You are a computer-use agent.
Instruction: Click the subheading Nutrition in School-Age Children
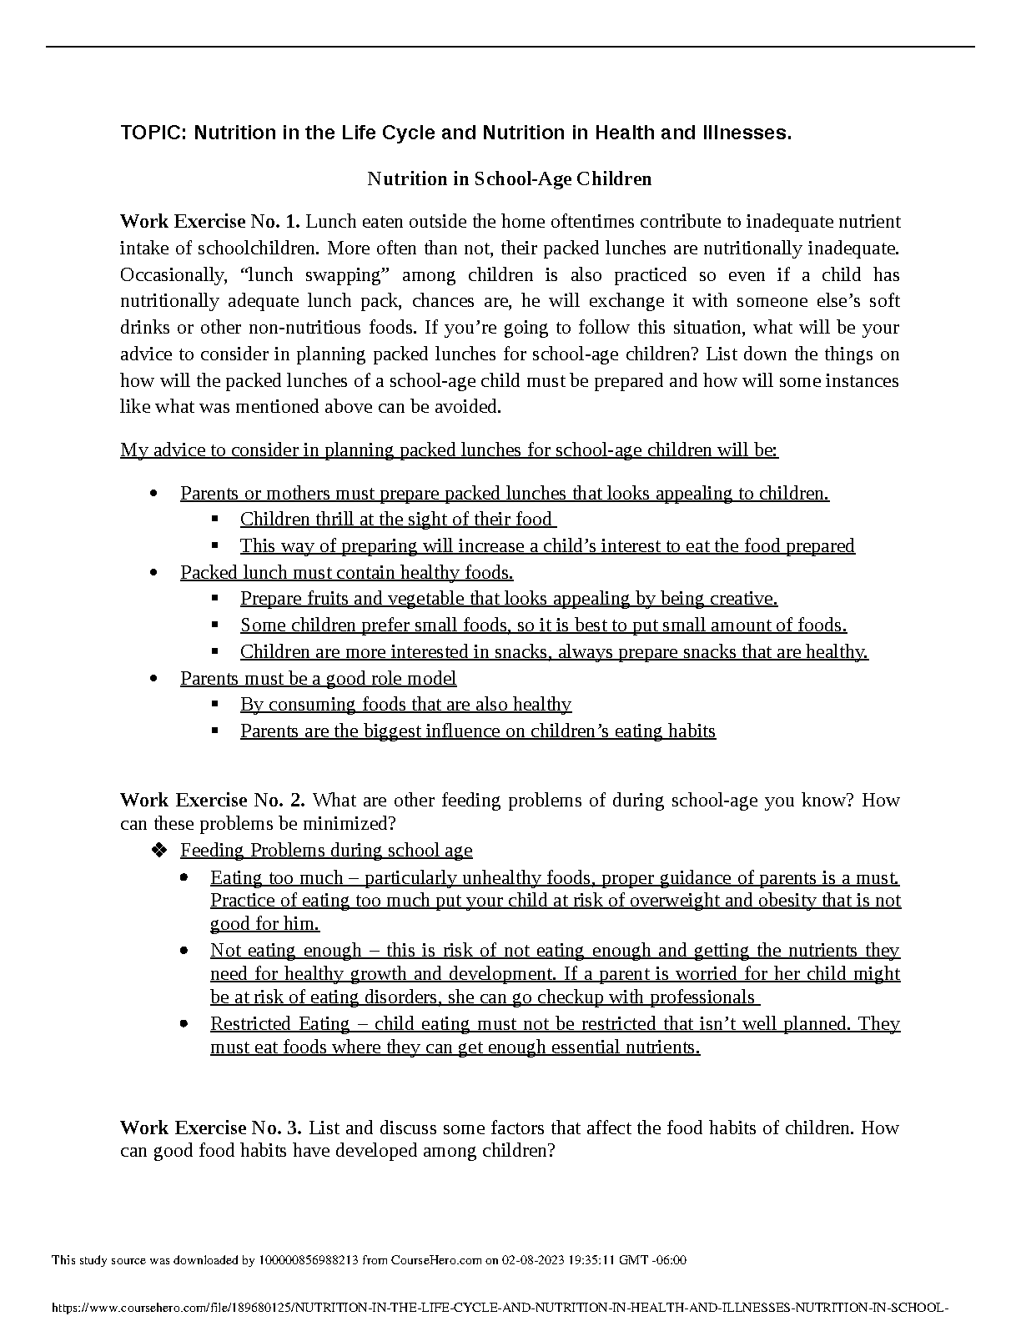(x=509, y=178)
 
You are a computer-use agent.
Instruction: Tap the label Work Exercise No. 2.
(x=212, y=801)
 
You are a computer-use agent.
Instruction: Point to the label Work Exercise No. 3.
(x=211, y=1128)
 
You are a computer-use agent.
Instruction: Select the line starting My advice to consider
(x=449, y=450)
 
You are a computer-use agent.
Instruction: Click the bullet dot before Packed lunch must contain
(x=153, y=573)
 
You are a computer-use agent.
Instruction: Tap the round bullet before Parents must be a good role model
(x=153, y=679)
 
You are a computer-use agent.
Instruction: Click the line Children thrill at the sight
(x=397, y=520)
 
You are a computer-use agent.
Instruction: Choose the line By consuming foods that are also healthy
(x=405, y=705)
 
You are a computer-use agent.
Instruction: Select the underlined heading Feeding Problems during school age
(x=326, y=851)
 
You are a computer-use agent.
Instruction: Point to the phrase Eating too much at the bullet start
(x=276, y=878)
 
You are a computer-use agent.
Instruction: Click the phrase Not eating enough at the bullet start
(x=285, y=951)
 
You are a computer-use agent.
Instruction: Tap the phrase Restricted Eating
(x=279, y=1024)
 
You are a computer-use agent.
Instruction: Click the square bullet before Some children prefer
(x=215, y=625)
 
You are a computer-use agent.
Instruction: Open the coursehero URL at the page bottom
(x=500, y=1308)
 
